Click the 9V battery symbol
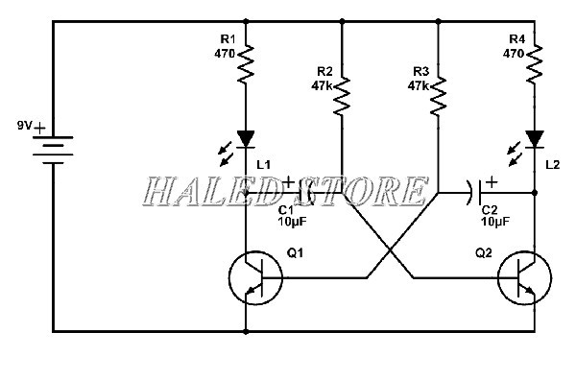pyautogui.click(x=54, y=149)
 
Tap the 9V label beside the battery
pyautogui.click(x=25, y=126)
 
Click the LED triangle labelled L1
pyautogui.click(x=247, y=140)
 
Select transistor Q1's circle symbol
pyautogui.click(x=255, y=277)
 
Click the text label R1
pyautogui.click(x=227, y=38)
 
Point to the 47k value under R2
pyautogui.click(x=322, y=84)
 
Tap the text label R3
pyautogui.click(x=419, y=71)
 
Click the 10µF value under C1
pyautogui.click(x=292, y=222)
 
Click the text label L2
pyautogui.click(x=551, y=165)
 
